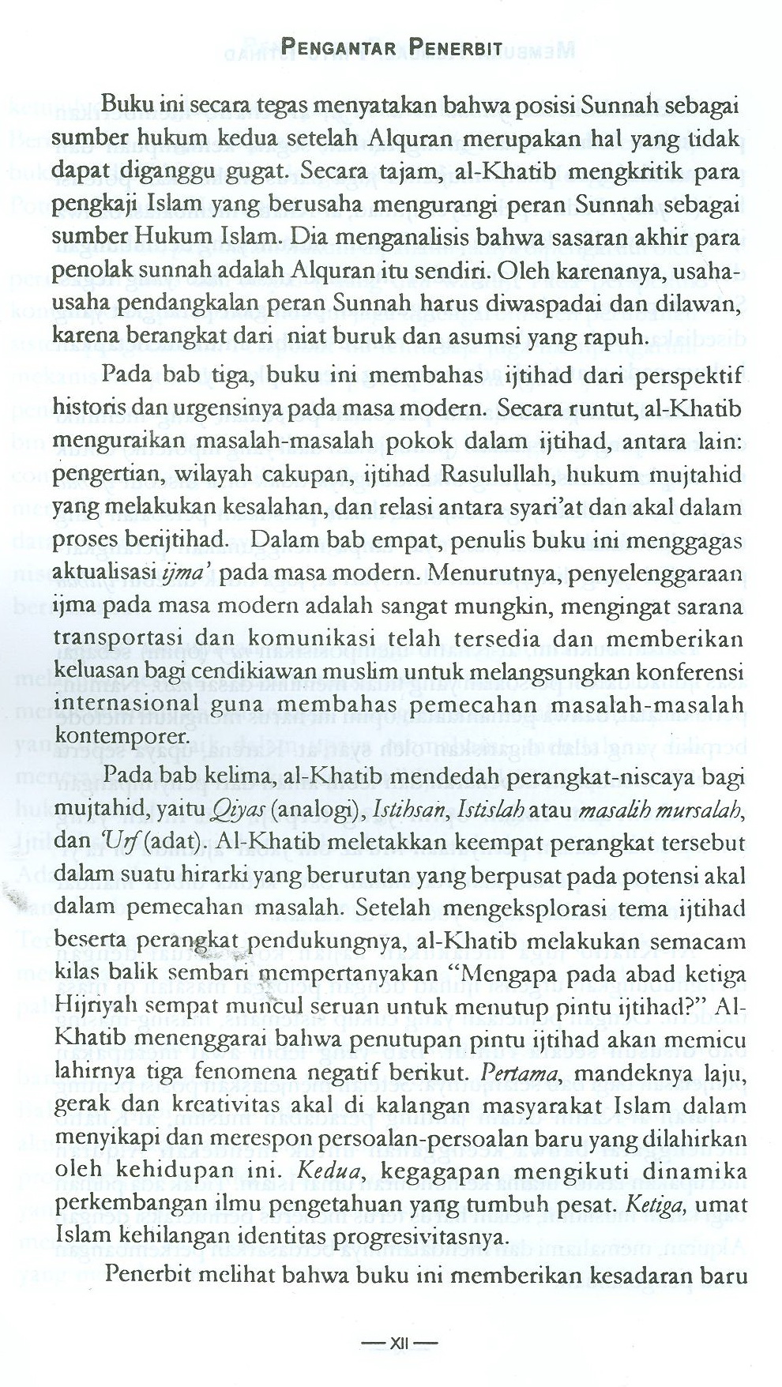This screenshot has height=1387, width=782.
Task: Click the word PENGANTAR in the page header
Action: coord(336,45)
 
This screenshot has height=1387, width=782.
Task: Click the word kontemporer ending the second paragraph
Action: coord(122,735)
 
